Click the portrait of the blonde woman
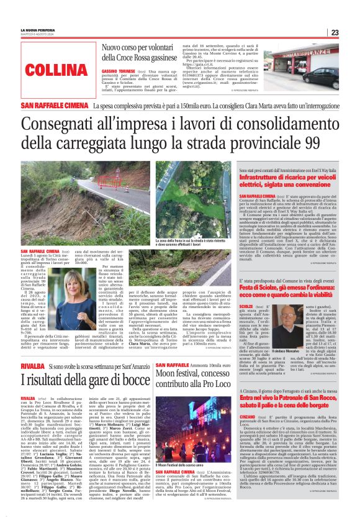click(84, 293)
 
